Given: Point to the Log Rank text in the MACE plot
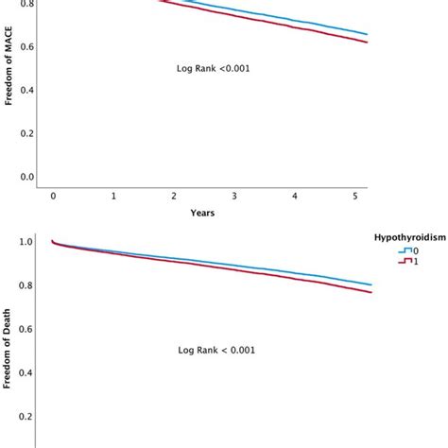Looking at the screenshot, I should (x=214, y=68).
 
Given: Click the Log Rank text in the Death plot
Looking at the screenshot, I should (x=216, y=350).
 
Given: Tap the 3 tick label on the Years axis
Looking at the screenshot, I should (x=234, y=196).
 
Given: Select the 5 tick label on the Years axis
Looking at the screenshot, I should (x=354, y=196).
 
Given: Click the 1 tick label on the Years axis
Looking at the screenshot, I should (x=113, y=196).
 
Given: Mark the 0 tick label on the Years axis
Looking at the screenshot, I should (x=54, y=196).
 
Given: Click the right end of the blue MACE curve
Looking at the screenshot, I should (x=367, y=35).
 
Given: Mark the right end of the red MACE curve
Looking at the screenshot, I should (x=367, y=43).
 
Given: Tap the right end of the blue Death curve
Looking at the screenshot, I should (x=370, y=284).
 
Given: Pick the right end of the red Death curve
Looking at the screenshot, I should (x=370, y=292).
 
